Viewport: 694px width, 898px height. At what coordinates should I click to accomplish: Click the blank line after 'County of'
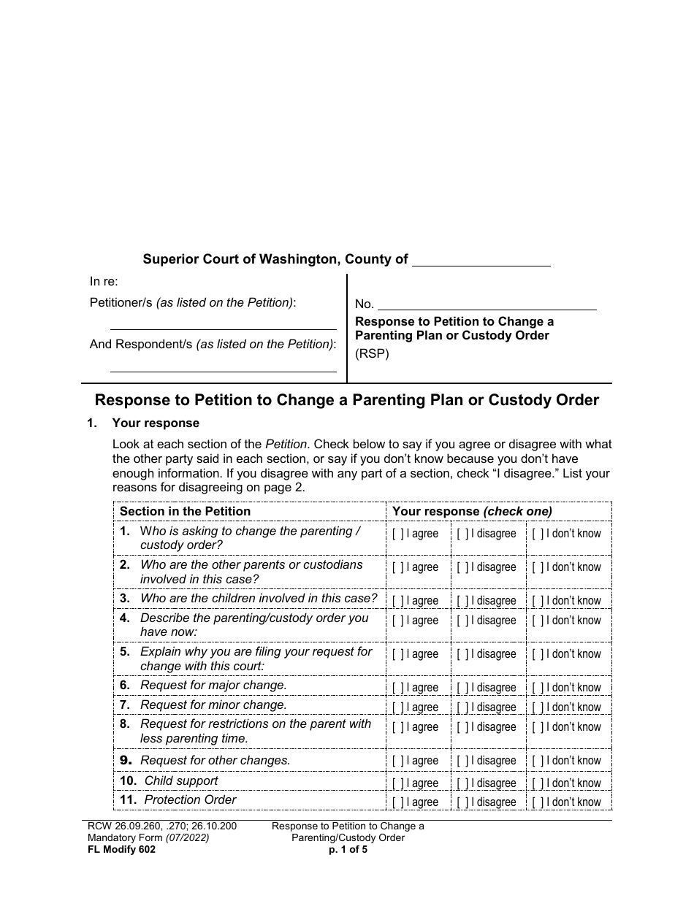(x=481, y=261)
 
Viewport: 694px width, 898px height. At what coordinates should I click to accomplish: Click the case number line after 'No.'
(x=487, y=305)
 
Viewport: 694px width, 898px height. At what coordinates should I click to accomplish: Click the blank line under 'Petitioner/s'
(x=223, y=323)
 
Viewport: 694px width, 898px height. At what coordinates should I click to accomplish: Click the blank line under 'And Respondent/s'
(x=223, y=365)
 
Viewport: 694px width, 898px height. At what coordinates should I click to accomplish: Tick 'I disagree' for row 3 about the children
(x=462, y=601)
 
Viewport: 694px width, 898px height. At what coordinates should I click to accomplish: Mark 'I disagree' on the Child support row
(x=462, y=783)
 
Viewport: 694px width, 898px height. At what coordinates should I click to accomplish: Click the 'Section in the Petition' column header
(x=185, y=512)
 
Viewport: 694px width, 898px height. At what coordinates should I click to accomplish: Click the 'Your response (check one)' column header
(x=472, y=512)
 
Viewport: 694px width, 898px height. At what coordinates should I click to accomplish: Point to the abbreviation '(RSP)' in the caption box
(x=372, y=355)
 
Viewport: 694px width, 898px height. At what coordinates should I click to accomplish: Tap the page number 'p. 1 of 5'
(x=348, y=850)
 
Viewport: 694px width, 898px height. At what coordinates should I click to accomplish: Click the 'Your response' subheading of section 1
(x=155, y=423)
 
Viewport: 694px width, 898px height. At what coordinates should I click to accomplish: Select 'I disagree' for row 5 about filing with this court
(x=462, y=654)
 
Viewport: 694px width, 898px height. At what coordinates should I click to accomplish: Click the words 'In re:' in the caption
(x=104, y=282)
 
